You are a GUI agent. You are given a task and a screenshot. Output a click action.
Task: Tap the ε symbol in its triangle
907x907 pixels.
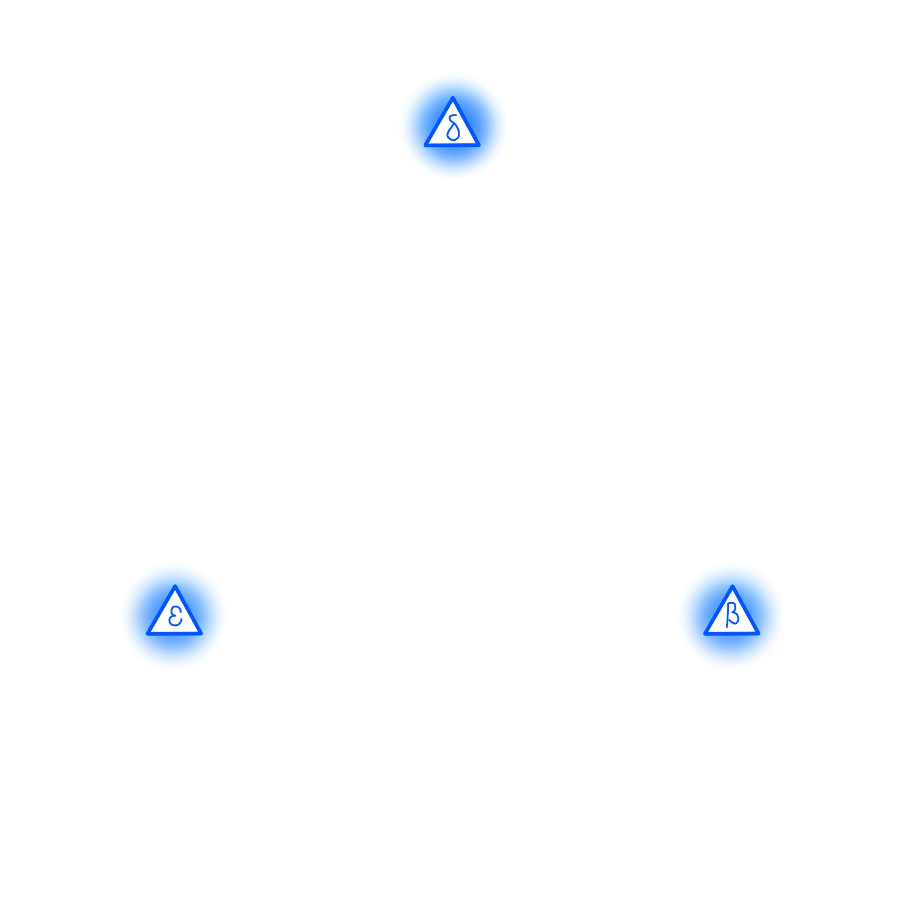click(175, 616)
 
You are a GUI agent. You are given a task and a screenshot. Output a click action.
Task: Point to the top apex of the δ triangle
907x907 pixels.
click(453, 98)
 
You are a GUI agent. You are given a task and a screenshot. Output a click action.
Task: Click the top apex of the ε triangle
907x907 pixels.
click(175, 586)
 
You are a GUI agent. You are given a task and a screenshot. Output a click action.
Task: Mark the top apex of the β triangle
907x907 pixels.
click(732, 586)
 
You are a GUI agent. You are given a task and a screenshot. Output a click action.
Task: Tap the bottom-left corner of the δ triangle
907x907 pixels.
click(425, 145)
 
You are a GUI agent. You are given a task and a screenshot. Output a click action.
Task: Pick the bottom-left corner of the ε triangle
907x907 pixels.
click(147, 633)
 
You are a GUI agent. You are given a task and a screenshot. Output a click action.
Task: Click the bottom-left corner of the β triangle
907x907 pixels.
click(705, 633)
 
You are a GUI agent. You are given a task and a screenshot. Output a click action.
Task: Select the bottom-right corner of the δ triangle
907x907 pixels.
click(479, 145)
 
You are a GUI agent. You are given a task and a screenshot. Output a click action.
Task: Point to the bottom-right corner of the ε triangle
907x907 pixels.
click(201, 633)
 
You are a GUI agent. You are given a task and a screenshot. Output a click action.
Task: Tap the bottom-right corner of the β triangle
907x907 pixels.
click(759, 633)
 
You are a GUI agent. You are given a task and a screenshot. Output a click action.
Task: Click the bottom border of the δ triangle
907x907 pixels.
click(453, 145)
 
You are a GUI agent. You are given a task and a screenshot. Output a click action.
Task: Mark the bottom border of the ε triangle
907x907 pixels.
click(175, 633)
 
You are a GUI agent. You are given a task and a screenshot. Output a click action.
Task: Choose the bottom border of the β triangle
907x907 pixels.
click(732, 633)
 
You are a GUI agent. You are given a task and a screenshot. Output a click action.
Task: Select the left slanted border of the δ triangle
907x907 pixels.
click(439, 121)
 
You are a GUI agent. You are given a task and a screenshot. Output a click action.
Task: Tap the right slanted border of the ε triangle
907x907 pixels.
click(188, 610)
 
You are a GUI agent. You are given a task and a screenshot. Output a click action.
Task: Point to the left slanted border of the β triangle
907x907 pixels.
click(719, 610)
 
